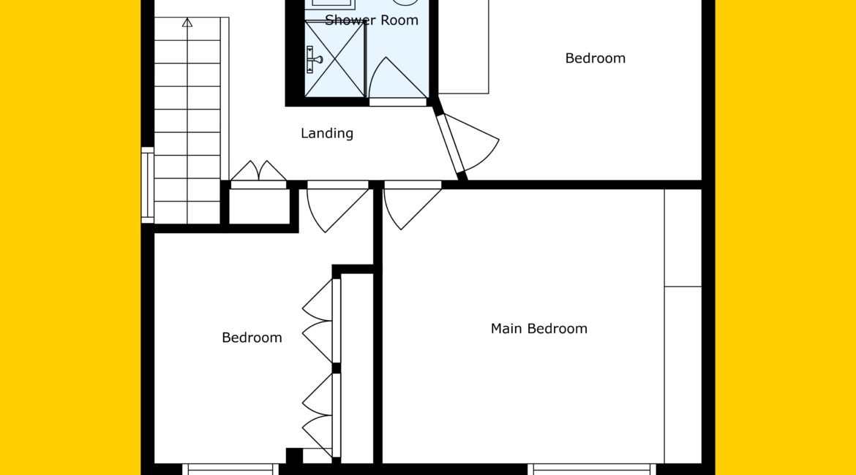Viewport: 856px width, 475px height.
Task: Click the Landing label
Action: (327, 134)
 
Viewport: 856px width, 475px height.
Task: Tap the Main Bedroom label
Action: (538, 328)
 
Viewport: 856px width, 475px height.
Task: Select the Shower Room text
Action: (372, 20)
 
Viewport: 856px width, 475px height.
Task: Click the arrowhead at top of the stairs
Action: (187, 23)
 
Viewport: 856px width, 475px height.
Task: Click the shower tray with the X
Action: (334, 59)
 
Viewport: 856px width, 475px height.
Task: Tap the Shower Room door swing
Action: (397, 78)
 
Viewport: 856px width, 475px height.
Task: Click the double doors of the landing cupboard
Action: (258, 171)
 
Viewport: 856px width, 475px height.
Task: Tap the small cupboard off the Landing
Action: (259, 206)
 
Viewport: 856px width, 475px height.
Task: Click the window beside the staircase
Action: (147, 185)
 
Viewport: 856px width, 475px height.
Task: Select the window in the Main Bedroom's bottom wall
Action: (593, 469)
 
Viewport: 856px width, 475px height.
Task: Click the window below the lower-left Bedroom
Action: (230, 469)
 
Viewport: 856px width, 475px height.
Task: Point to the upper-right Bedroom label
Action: (595, 58)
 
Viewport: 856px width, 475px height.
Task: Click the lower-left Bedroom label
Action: (252, 338)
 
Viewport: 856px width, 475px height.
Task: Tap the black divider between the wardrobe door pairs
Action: (337, 368)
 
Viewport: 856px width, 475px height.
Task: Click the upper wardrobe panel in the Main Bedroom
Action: (683, 237)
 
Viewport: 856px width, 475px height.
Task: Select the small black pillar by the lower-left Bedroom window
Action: (294, 456)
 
